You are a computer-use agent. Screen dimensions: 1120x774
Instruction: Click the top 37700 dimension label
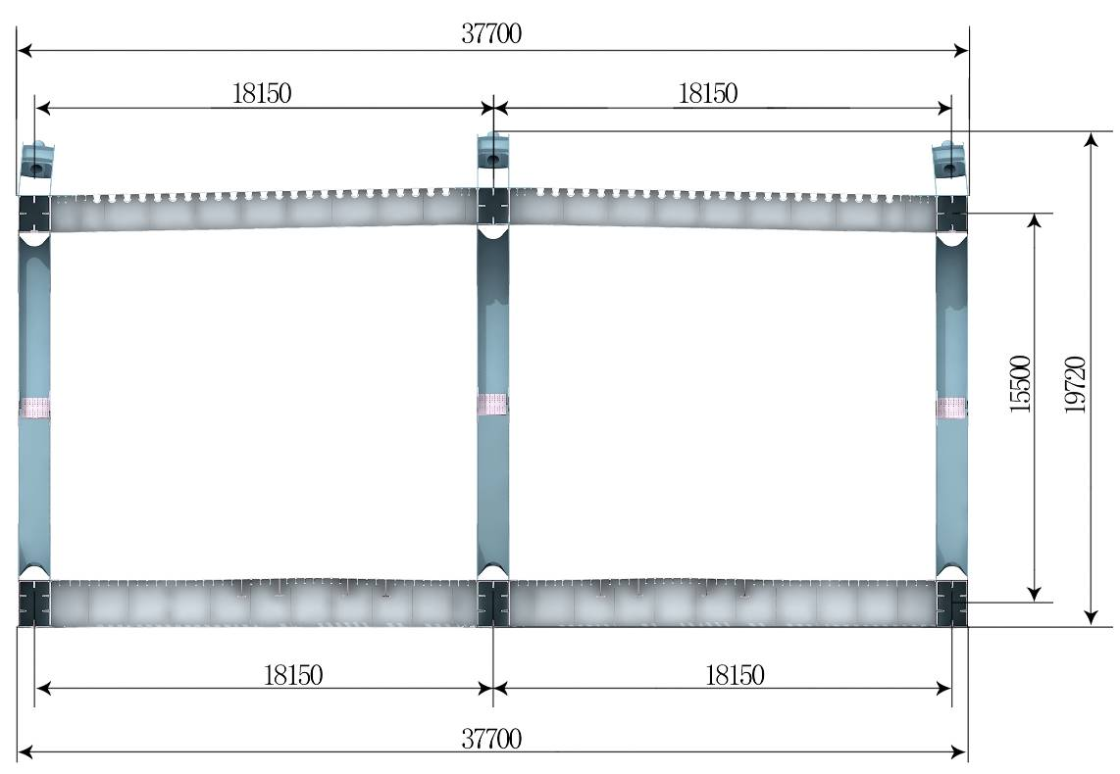(x=491, y=33)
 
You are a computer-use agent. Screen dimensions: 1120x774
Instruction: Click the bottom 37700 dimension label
(x=491, y=739)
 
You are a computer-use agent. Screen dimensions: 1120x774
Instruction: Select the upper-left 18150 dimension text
(x=262, y=93)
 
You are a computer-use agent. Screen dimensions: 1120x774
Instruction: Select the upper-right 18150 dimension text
(x=708, y=93)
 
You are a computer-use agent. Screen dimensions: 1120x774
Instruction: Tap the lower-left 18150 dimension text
(x=293, y=675)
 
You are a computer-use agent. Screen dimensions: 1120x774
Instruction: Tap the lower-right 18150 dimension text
(x=735, y=675)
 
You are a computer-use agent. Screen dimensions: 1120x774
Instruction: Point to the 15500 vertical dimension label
(x=1021, y=384)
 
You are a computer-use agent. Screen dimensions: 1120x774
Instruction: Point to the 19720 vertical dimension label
(x=1075, y=384)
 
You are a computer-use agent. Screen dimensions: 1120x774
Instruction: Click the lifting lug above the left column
(x=37, y=161)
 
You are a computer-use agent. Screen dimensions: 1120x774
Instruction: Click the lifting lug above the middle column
(x=493, y=151)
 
